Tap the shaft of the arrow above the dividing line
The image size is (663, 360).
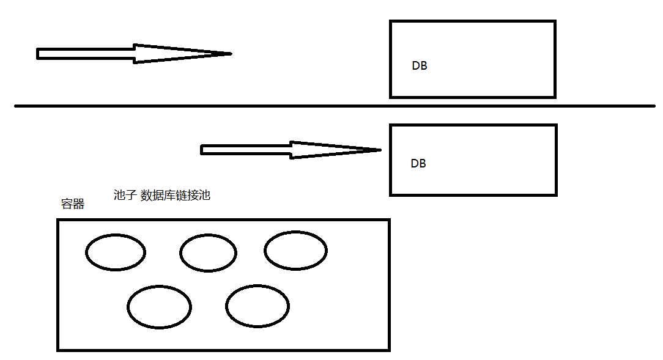click(86, 54)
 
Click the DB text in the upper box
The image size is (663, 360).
click(420, 66)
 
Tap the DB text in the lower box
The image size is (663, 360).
click(418, 164)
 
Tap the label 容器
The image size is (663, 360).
click(73, 204)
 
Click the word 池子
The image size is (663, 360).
click(125, 196)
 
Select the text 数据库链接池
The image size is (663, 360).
click(176, 196)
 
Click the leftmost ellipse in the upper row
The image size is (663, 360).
click(116, 252)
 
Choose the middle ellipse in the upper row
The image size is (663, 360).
click(209, 252)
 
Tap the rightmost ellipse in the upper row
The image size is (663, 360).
click(295, 250)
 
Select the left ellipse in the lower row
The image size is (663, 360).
click(160, 307)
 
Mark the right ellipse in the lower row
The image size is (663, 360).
click(257, 306)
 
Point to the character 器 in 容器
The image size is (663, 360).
click(79, 204)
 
